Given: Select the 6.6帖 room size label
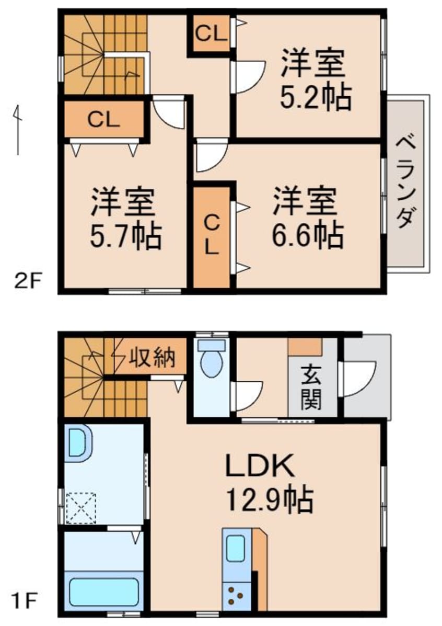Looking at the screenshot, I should pyautogui.click(x=307, y=235).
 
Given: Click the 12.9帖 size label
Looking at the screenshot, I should pyautogui.click(x=269, y=500).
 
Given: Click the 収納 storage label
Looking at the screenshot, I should pyautogui.click(x=152, y=358).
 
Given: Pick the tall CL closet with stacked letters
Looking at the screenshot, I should pyautogui.click(x=211, y=236).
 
